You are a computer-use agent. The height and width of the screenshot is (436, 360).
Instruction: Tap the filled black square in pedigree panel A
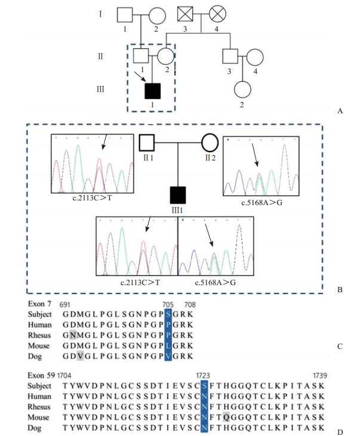tap(153, 90)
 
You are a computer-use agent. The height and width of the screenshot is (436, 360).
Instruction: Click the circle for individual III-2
tap(242, 90)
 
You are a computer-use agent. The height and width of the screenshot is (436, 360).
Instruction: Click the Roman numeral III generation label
tap(101, 89)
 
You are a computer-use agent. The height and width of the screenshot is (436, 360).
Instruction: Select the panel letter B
tap(340, 290)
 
